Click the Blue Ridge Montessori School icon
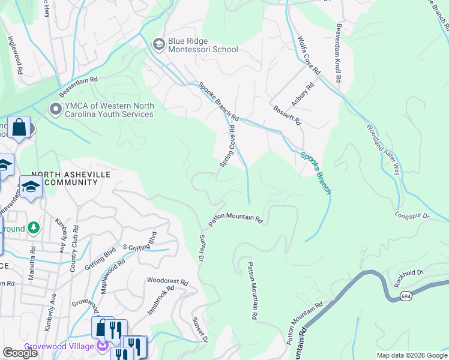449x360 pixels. pos(159,44)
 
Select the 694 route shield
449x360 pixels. pos(406,296)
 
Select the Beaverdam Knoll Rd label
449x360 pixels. pos(338,53)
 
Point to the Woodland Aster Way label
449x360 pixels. pos(383,149)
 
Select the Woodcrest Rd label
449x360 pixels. pos(167,281)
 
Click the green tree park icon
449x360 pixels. pos(34,227)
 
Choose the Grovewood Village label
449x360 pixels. pos(59,346)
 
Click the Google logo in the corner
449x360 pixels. pos(20,352)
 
